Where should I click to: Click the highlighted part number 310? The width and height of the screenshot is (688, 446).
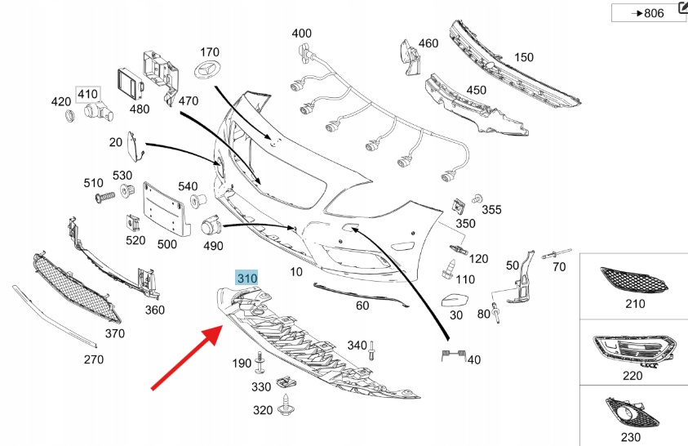pos(246,279)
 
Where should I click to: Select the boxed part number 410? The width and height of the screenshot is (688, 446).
pos(87,95)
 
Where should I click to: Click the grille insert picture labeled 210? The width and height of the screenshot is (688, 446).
pos(634,282)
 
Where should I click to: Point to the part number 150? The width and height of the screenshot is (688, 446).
pos(523,57)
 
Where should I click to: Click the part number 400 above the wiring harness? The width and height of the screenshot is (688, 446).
pos(302,33)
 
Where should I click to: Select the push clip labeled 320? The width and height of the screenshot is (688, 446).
pos(286,404)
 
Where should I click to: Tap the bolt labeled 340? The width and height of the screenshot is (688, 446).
pos(371,351)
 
